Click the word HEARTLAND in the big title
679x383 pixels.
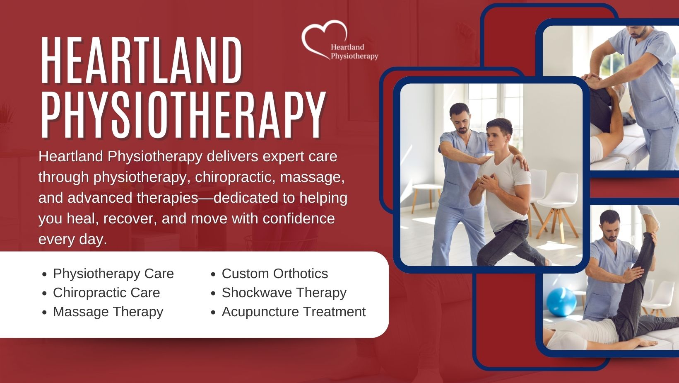click(x=141, y=60)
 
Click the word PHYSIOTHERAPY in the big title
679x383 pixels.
click(x=183, y=114)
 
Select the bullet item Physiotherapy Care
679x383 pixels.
click(x=113, y=274)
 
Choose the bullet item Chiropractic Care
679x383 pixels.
click(x=106, y=293)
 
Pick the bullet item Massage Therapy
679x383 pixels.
click(x=108, y=312)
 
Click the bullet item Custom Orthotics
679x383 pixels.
click(x=274, y=274)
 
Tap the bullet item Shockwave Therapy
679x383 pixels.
click(x=284, y=293)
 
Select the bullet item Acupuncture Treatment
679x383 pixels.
click(x=294, y=312)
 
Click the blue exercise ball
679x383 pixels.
click(x=561, y=302)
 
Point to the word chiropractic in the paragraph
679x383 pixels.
click(x=235, y=177)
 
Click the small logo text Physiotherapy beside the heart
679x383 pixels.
click(x=354, y=56)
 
